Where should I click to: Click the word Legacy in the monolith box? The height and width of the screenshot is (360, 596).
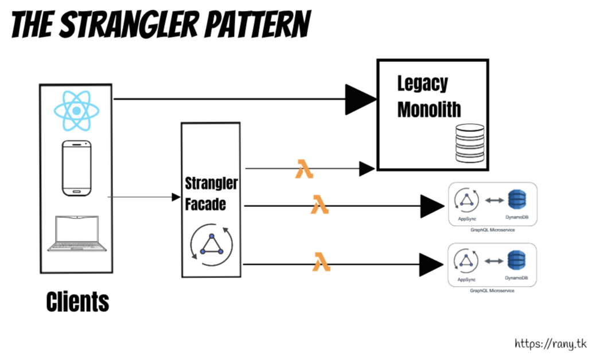click(422, 83)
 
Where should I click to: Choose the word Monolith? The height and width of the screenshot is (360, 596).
click(429, 109)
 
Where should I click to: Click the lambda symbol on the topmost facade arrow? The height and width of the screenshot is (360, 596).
click(304, 169)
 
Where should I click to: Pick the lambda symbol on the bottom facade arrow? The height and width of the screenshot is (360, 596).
click(321, 263)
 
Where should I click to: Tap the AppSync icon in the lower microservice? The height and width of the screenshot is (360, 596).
click(466, 261)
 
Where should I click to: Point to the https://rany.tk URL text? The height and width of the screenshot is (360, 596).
click(550, 343)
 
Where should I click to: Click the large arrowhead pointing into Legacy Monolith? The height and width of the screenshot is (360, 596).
click(360, 100)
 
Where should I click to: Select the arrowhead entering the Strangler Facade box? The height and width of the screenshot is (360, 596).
click(176, 197)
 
